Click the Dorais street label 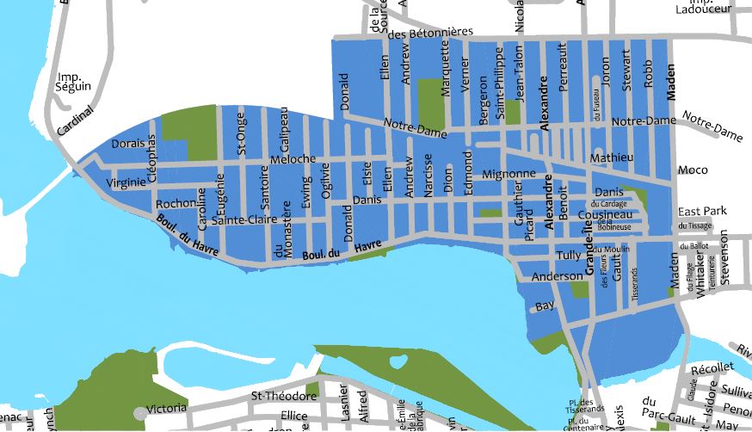tap(126, 143)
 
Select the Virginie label tap(126, 182)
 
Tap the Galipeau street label tap(285, 128)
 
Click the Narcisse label tap(428, 182)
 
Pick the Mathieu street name tap(612, 157)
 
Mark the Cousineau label tap(605, 214)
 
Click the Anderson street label tap(558, 277)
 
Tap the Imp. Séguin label tap(71, 80)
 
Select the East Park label tap(702, 211)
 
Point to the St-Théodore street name tap(280, 397)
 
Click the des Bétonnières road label tap(430, 34)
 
